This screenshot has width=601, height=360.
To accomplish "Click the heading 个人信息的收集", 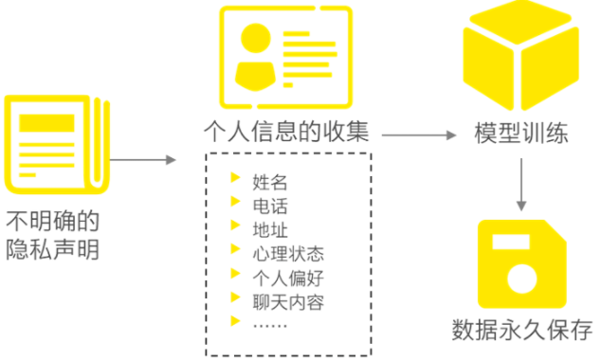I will pyautogui.click(x=286, y=131).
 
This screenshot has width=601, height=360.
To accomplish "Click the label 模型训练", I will pyautogui.click(x=521, y=134).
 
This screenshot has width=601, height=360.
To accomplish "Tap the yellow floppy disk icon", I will pyautogui.click(x=520, y=258).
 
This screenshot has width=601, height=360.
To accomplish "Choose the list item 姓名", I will pyautogui.click(x=270, y=182).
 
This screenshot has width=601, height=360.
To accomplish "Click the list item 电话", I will pyautogui.click(x=270, y=206).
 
